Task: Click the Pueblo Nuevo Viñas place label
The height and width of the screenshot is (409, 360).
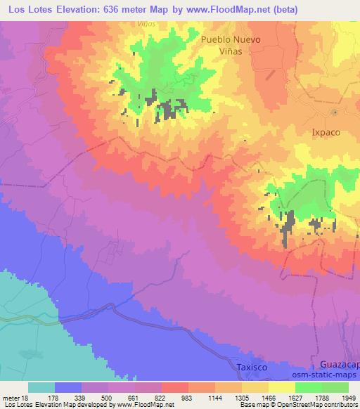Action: pos(231,46)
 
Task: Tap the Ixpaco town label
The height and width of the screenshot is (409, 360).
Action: pos(326,131)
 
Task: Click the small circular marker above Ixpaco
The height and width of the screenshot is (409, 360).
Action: pos(335,112)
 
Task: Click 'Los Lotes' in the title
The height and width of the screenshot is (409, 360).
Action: pos(27,10)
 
